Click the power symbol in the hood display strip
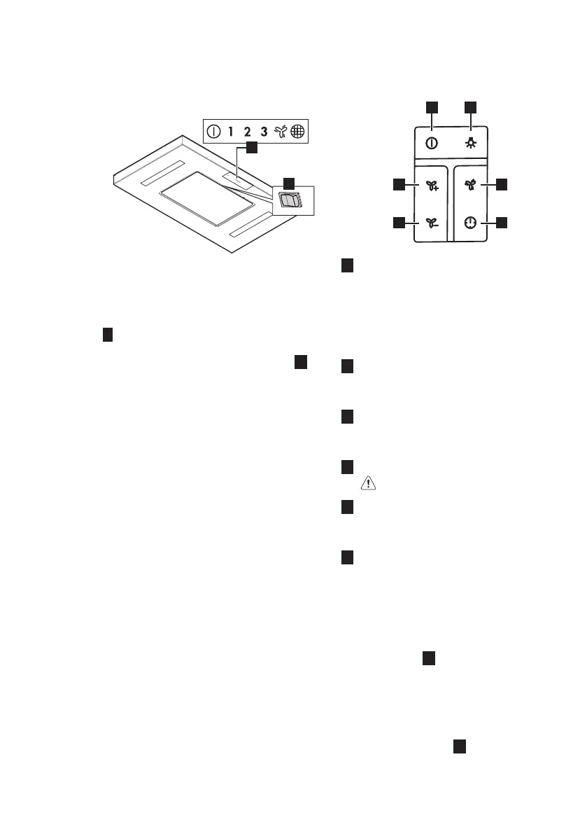(213, 131)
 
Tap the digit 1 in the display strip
(230, 131)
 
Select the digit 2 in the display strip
(247, 131)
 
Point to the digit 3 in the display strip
(264, 131)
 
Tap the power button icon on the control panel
(432, 143)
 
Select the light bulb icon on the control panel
(470, 143)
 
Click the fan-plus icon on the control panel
(432, 186)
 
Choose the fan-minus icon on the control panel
(432, 223)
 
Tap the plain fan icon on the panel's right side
(470, 185)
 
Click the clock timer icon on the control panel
(470, 223)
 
